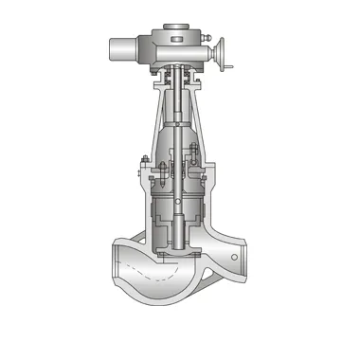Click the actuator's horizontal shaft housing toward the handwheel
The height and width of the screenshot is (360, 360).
click(207, 52)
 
